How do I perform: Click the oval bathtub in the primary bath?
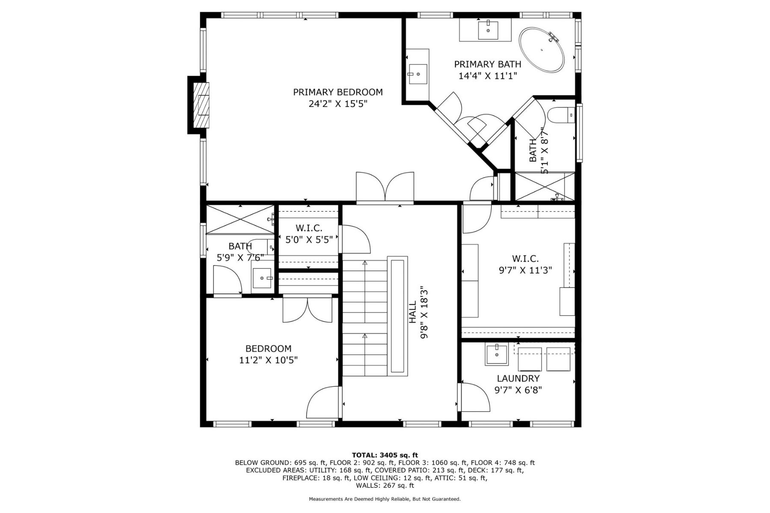coord(542,50)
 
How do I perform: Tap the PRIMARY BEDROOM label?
coord(338,92)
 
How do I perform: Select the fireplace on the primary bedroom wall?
coord(201,105)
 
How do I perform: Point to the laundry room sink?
coord(496,354)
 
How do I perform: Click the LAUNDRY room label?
coord(518,378)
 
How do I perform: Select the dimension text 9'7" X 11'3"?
coord(525,270)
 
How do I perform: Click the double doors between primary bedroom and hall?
coord(385,186)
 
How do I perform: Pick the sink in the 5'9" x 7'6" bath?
coord(262,278)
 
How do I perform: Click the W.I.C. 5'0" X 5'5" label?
coord(308,234)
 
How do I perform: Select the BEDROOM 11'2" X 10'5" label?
coord(268,354)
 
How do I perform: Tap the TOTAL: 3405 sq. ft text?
coord(385,455)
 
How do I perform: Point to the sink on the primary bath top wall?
coord(488,29)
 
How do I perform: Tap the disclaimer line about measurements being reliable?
coord(385,499)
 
